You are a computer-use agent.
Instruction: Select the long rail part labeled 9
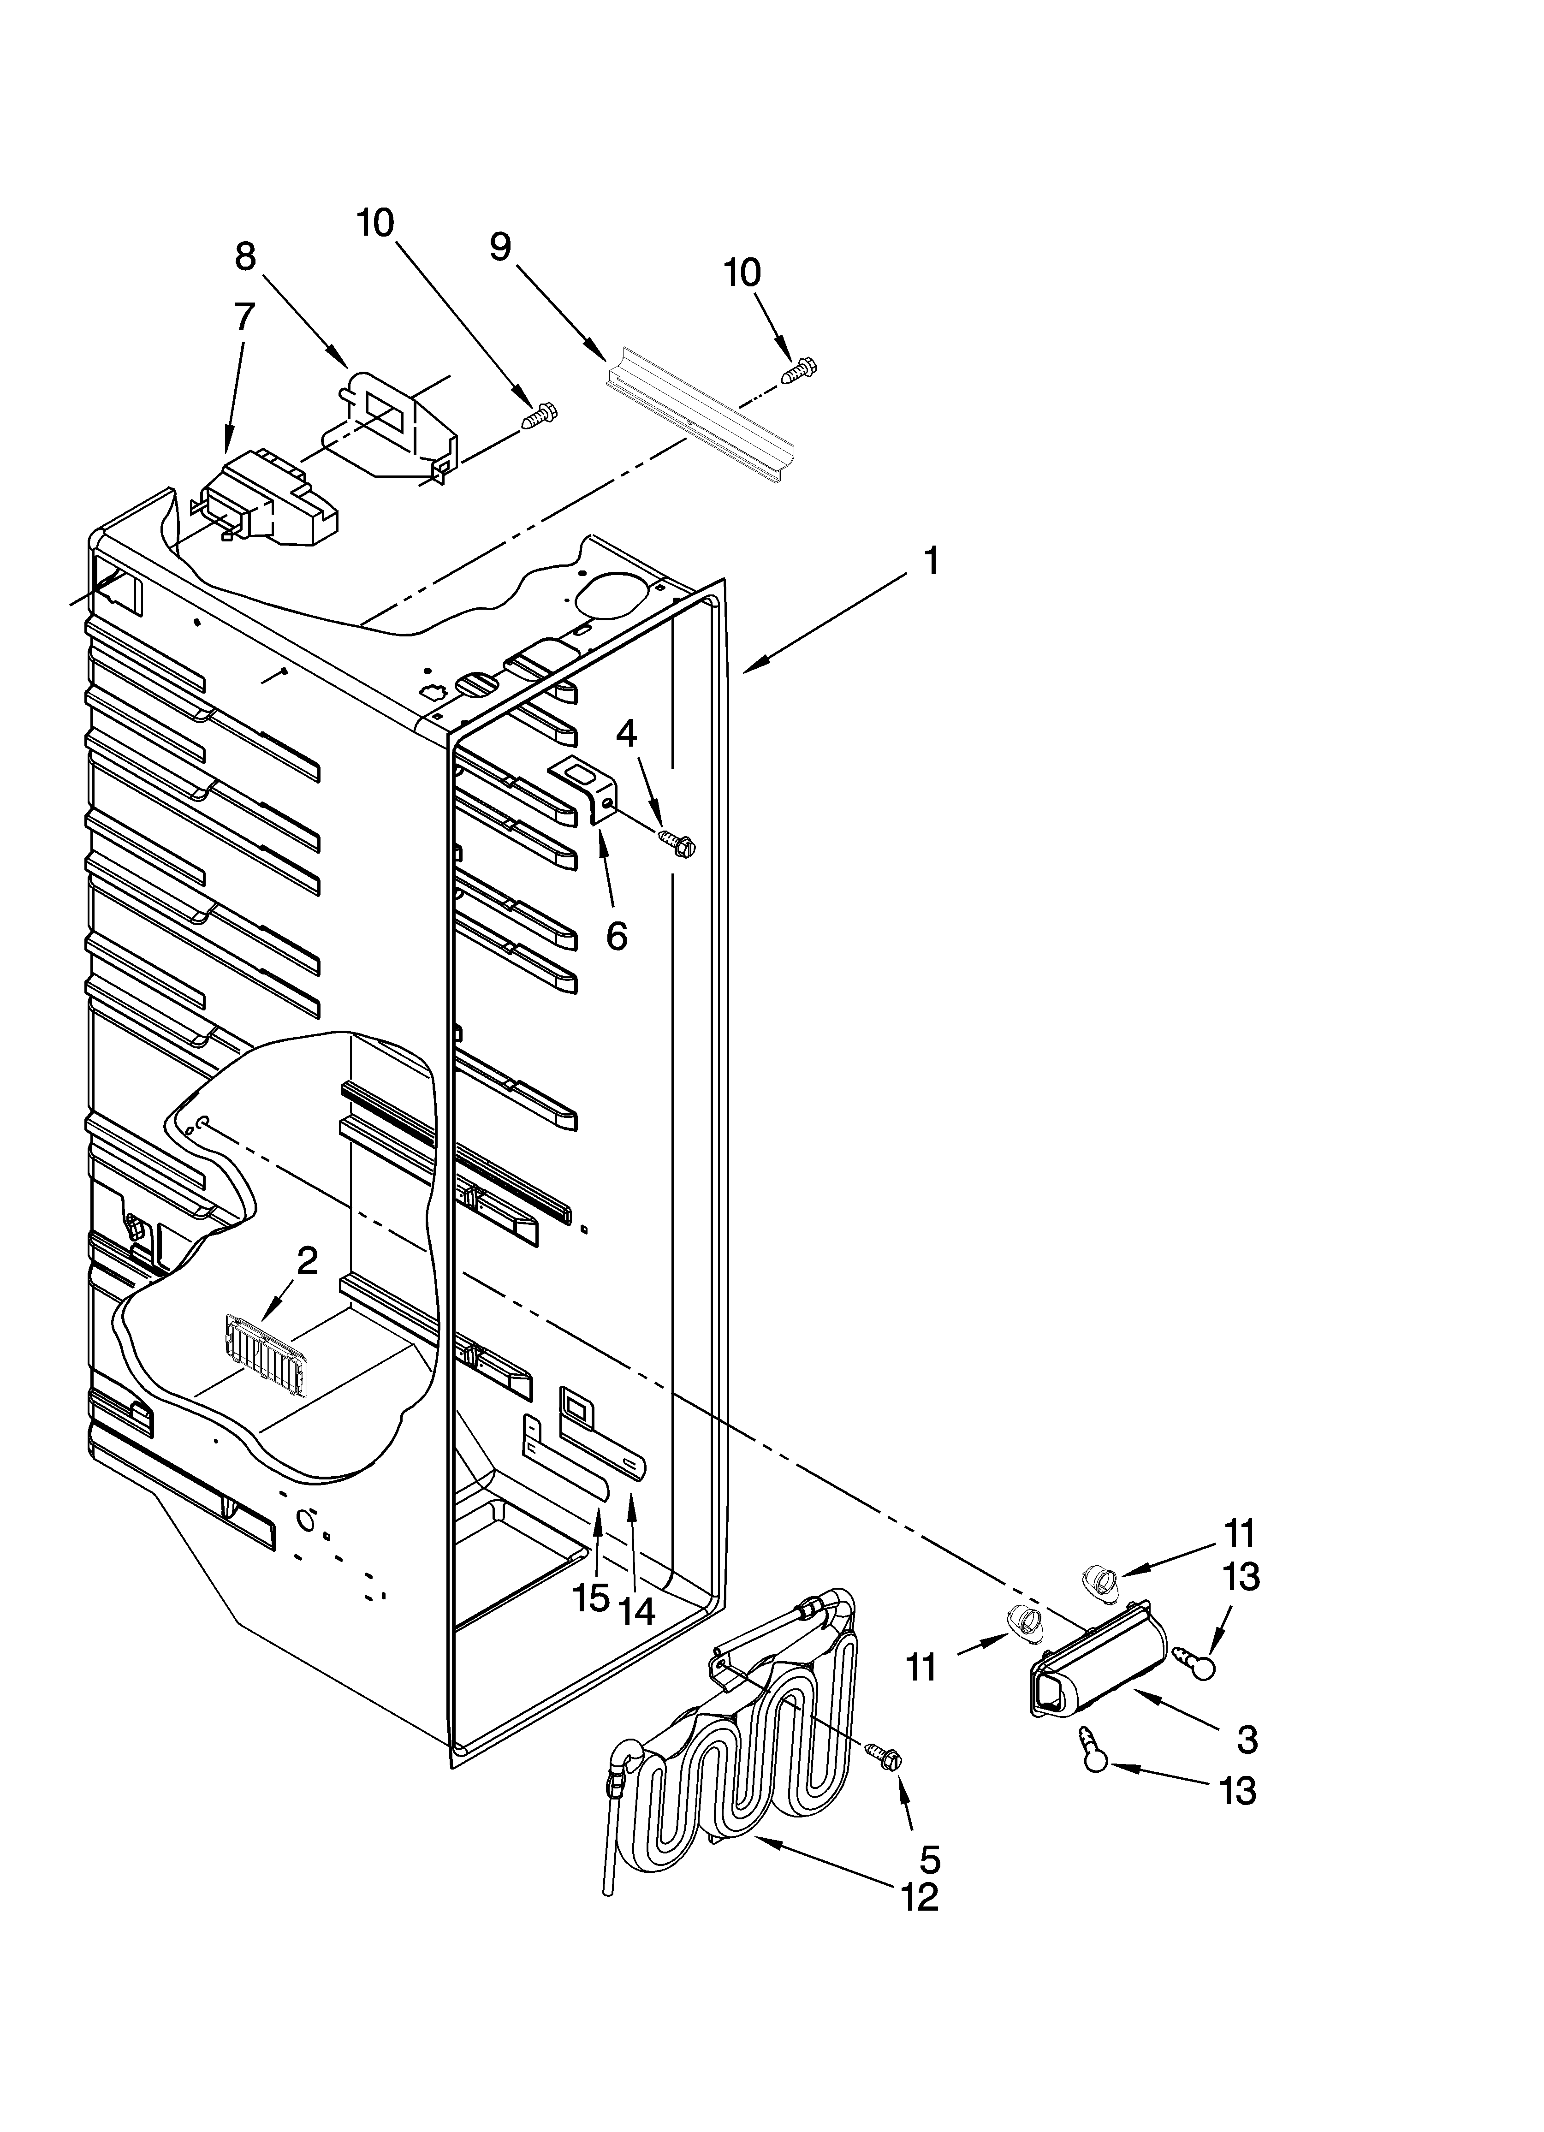[701, 416]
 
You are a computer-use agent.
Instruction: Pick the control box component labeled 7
[268, 496]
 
